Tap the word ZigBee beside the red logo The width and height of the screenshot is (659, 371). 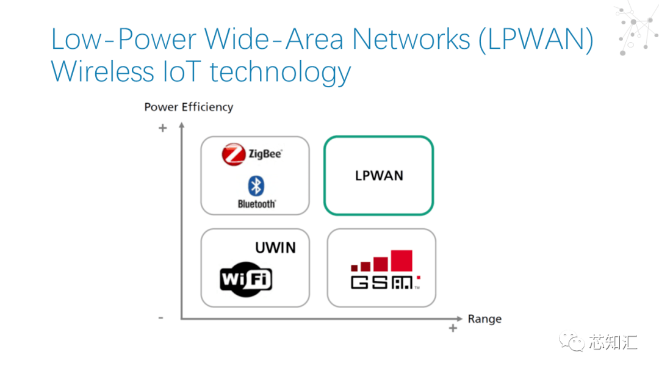pos(265,154)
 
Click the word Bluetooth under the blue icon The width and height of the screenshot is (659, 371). pos(256,204)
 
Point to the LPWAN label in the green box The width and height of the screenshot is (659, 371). pos(379,176)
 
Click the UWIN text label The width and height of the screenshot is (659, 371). pos(275,248)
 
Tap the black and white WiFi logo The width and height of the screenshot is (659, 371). pos(246,280)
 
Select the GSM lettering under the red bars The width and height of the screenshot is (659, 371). pos(383,283)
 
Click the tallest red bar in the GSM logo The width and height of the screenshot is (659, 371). pos(402,261)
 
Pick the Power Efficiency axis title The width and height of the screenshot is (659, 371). pos(189,107)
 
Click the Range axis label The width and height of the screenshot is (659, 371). pos(484,319)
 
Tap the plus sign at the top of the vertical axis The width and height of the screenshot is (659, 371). pos(162,128)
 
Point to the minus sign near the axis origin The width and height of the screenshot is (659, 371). pos(160,317)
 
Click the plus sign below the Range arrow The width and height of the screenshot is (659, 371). pos(453,328)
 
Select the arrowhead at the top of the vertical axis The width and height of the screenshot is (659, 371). pos(182,125)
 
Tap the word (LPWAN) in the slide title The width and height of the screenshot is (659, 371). pos(536,40)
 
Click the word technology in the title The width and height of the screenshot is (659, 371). pos(281,73)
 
